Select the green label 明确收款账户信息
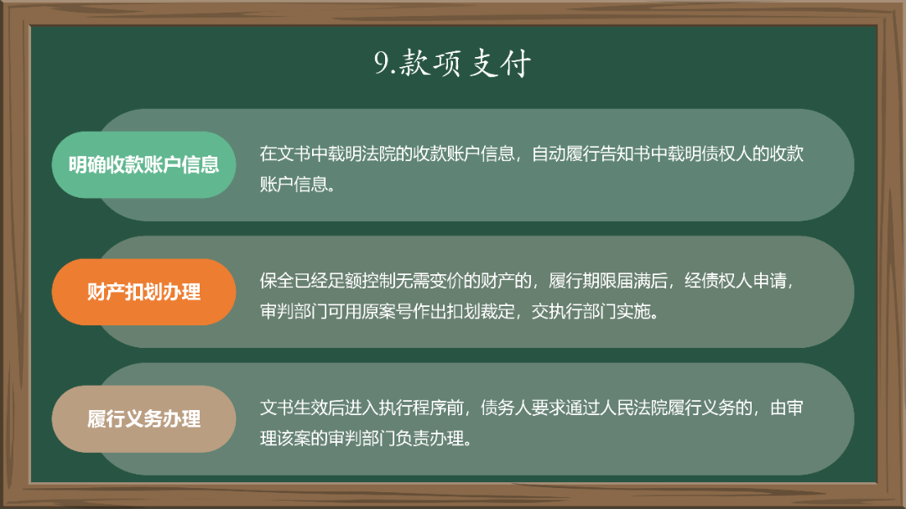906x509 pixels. tap(143, 164)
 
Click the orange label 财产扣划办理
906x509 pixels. tap(143, 292)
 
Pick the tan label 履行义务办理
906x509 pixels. tap(143, 418)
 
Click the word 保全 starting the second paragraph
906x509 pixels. tap(280, 281)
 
